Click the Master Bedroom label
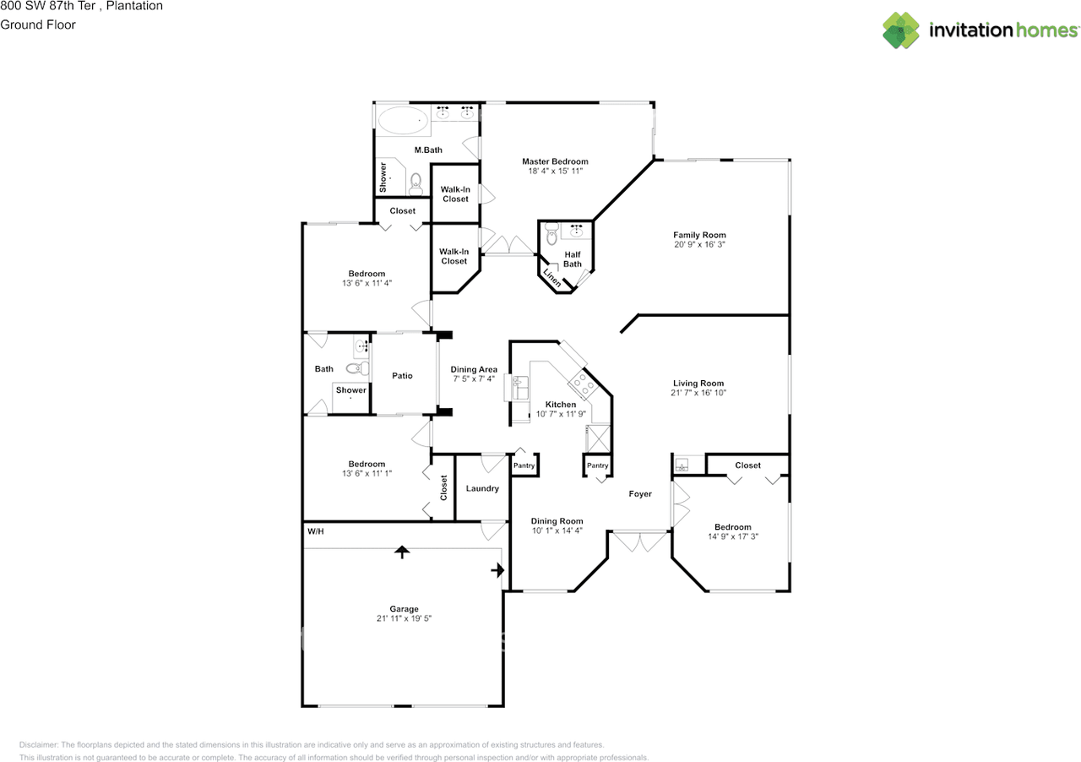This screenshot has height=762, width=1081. [x=555, y=161]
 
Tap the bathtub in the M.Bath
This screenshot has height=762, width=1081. [x=403, y=120]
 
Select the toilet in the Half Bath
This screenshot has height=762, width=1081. [x=551, y=234]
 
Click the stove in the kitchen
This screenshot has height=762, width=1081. [x=584, y=384]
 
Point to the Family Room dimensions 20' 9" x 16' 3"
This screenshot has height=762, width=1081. [x=699, y=244]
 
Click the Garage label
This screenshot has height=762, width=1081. [x=404, y=609]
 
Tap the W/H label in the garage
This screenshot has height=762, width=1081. [x=316, y=531]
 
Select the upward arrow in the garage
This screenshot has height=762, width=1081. [x=402, y=552]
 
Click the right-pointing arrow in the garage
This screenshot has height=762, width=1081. [x=497, y=570]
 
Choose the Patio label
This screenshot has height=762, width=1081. [x=402, y=376]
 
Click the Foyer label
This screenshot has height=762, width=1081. [x=640, y=493]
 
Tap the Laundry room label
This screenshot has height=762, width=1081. [x=482, y=488]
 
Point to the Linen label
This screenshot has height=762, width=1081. [x=552, y=278]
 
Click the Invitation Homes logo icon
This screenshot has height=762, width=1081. [x=900, y=30]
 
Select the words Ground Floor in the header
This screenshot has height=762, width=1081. [x=38, y=24]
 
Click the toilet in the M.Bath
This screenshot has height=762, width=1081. [x=416, y=184]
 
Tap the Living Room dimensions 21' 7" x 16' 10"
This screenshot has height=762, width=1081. [x=698, y=393]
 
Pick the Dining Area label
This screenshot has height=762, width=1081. [x=474, y=369]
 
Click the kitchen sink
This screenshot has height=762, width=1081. [x=520, y=388]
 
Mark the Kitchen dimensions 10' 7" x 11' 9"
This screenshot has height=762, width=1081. [x=561, y=414]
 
